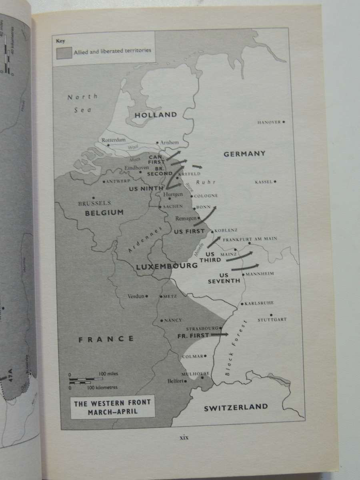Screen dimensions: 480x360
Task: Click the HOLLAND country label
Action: pyautogui.click(x=156, y=115)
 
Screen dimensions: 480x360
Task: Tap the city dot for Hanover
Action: pyautogui.click(x=284, y=122)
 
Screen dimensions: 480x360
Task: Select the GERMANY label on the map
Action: pyautogui.click(x=244, y=154)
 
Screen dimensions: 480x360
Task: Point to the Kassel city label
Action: pyautogui.click(x=264, y=182)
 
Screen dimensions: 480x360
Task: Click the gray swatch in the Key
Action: pyautogui.click(x=64, y=53)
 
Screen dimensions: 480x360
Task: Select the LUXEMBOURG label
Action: pyautogui.click(x=166, y=266)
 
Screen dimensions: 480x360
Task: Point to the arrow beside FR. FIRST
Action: pyautogui.click(x=219, y=334)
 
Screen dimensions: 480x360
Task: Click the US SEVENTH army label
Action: pyautogui.click(x=224, y=278)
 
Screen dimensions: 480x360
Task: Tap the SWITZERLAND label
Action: pyautogui.click(x=236, y=407)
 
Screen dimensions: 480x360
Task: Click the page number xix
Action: pyautogui.click(x=184, y=437)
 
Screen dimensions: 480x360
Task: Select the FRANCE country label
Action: pyautogui.click(x=106, y=339)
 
